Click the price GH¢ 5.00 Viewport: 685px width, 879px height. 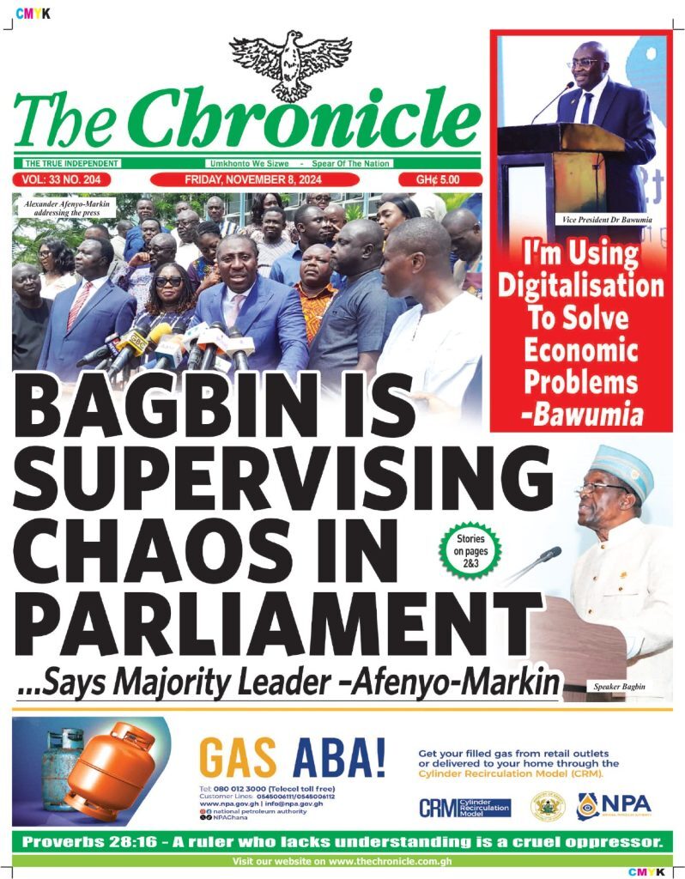click(438, 179)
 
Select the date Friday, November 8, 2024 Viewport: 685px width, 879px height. click(259, 179)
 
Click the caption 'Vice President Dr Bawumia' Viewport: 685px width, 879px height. click(607, 221)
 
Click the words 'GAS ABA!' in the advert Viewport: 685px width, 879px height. click(292, 757)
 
